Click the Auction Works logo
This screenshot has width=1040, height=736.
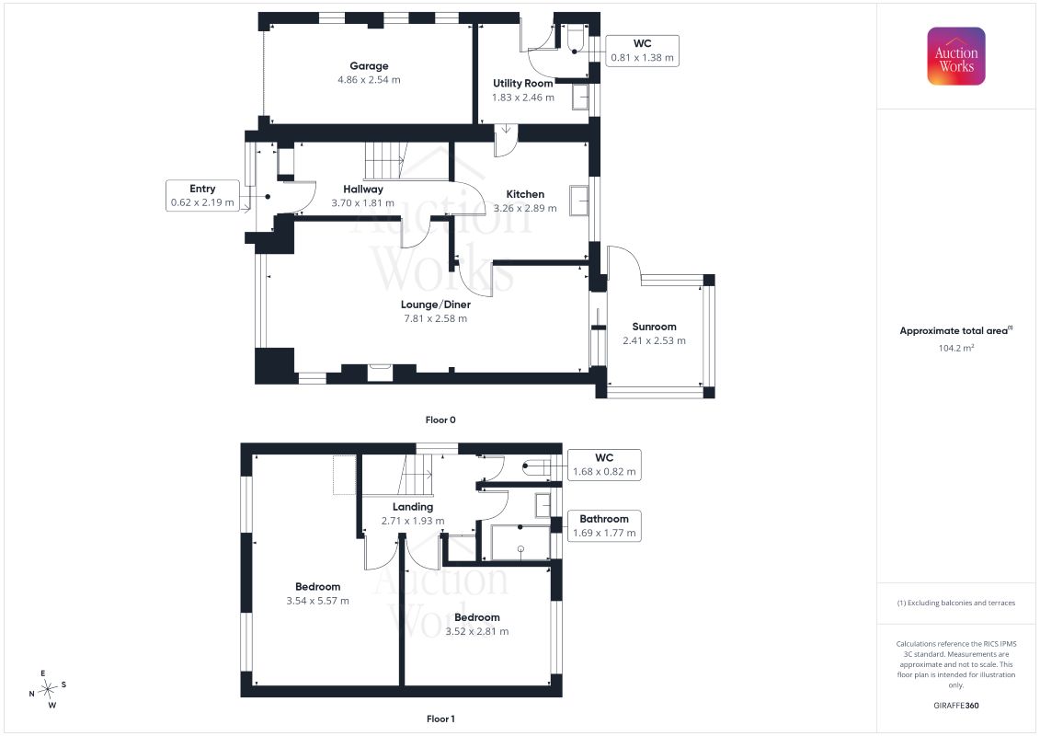pos(955,56)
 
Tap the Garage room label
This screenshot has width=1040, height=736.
pos(370,65)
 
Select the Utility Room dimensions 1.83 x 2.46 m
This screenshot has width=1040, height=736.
pos(522,97)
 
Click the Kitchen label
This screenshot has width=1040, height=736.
pos(525,194)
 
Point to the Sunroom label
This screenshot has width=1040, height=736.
pos(654,327)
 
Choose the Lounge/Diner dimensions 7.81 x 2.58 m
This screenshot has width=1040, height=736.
pos(436,318)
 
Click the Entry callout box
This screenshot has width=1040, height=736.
pos(202,196)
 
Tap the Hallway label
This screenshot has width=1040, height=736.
pos(363,190)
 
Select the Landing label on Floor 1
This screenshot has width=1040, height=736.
pos(413,507)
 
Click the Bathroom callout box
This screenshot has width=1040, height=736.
pos(604,525)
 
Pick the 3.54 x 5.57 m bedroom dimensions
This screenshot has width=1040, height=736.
pos(318,601)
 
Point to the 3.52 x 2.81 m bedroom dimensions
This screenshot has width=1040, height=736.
pos(477,631)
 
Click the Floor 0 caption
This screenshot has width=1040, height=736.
pos(440,420)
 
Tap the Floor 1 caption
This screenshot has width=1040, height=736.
pos(440,719)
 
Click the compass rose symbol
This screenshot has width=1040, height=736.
pos(47,690)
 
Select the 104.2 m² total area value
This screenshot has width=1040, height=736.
pos(955,348)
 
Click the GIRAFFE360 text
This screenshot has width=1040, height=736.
pos(955,706)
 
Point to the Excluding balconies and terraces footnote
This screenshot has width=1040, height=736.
pos(955,604)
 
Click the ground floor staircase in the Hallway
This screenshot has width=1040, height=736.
pos(384,161)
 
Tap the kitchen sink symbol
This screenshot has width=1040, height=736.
pos(578,201)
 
